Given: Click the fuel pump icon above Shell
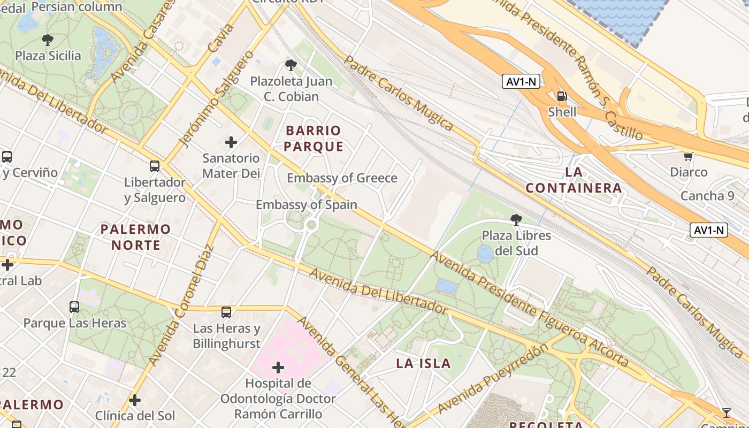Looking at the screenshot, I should pos(562,96).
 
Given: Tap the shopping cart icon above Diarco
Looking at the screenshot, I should pos(689,157).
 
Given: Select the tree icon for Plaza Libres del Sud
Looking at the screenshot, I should pos(516,219).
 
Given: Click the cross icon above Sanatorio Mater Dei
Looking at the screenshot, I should pos(231,142).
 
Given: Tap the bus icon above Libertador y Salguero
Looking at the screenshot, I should pos(155,166).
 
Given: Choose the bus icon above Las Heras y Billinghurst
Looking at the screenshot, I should pos(226,312).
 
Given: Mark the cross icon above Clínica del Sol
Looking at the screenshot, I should pos(135,400).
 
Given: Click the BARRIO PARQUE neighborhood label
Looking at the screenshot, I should pos(314,139).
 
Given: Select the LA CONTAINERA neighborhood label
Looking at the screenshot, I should pos(574,180).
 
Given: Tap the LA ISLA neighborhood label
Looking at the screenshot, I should pos(423,364).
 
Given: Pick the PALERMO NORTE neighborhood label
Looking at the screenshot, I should pos(135,237).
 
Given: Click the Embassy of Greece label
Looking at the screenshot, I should pos(342,178).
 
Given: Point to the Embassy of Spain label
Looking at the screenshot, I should pos(306,204).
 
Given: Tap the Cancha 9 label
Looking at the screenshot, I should pos(707,196).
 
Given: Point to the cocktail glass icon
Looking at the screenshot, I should pos(726,412).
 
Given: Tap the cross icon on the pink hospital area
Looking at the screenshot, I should pos(278,368).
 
